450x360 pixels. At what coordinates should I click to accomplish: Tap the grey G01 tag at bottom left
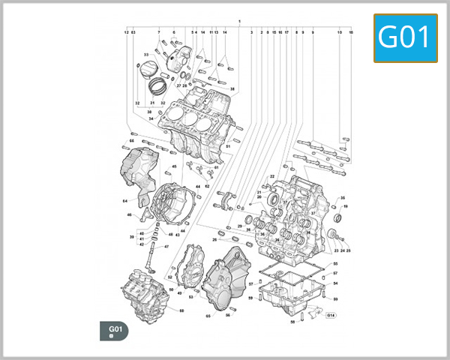pos(115,331)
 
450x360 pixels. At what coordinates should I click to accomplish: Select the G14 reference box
pos(331,315)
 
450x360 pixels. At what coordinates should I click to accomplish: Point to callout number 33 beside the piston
pos(146,55)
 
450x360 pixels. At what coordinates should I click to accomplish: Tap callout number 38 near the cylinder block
pos(232,89)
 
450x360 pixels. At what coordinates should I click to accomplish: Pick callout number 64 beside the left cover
pos(124,201)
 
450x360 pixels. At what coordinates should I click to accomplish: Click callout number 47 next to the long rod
pos(166,247)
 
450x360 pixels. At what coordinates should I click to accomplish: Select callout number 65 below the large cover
pos(208,316)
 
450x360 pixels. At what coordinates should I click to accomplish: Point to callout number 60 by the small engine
pos(181,310)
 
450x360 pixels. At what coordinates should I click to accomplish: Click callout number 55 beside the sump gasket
pos(335,264)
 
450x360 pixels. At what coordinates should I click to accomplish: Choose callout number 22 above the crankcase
pos(272,176)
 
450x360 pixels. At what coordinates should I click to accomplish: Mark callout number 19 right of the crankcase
pos(346,205)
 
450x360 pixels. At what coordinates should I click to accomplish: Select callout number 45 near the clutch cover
pos(174,166)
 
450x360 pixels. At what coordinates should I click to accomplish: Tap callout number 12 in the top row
pos(126,33)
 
